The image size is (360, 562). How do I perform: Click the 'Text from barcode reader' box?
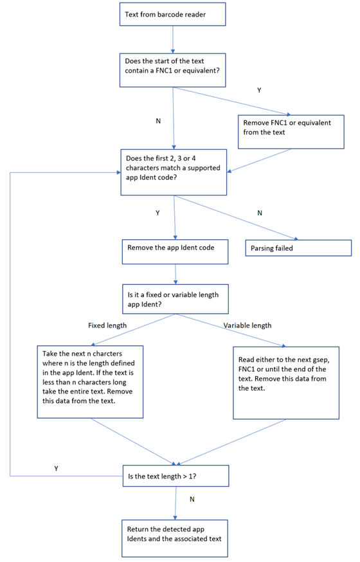pos(172,14)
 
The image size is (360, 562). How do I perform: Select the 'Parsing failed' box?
pos(298,248)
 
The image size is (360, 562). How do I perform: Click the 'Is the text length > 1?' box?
pos(175,476)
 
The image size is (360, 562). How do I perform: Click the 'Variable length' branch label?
pos(248,325)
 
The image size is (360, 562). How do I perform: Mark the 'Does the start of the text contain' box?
pos(173,70)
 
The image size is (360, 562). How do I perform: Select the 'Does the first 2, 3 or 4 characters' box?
pos(174,172)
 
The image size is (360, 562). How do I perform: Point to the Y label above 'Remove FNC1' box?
pos(259,91)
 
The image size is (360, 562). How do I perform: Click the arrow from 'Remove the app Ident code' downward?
pos(175,273)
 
